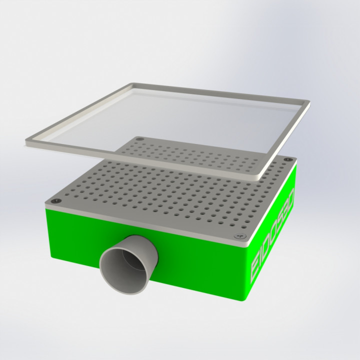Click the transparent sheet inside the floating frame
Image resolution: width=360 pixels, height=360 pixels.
(165, 120)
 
